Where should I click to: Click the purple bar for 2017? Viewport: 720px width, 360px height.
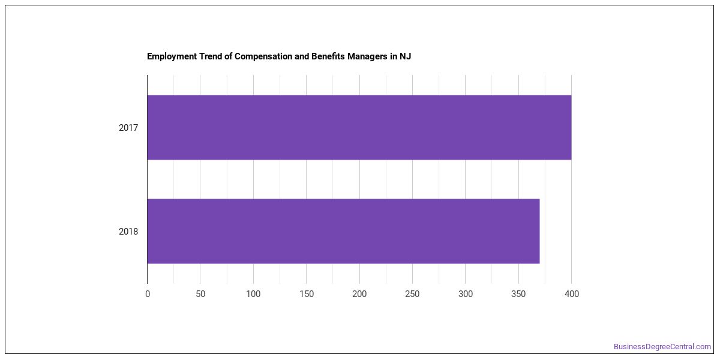pos(359,127)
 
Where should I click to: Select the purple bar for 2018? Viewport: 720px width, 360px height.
pos(343,231)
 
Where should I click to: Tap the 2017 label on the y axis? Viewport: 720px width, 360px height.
pos(128,128)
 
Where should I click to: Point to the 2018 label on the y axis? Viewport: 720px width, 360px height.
pos(128,232)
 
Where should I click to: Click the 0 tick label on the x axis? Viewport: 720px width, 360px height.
pos(148,294)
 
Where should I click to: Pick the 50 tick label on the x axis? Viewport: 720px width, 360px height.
pos(200,294)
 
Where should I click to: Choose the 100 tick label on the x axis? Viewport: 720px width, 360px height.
pos(253,294)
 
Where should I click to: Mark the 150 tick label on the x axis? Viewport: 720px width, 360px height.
pos(307,294)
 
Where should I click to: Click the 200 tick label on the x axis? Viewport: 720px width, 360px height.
pos(359,294)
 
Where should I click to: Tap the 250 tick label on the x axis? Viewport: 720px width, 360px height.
pos(412,294)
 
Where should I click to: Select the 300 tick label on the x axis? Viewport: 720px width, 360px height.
pos(466,294)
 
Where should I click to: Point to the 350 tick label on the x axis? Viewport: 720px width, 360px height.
pos(518,294)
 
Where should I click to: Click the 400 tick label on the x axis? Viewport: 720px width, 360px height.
pos(571,294)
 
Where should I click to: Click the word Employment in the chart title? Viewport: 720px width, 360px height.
pos(172,56)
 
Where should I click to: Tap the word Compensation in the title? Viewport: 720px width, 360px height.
pos(263,56)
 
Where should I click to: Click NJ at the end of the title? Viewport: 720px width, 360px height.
pos(405,56)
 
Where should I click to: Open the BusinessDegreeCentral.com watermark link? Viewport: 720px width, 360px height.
pos(662,347)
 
